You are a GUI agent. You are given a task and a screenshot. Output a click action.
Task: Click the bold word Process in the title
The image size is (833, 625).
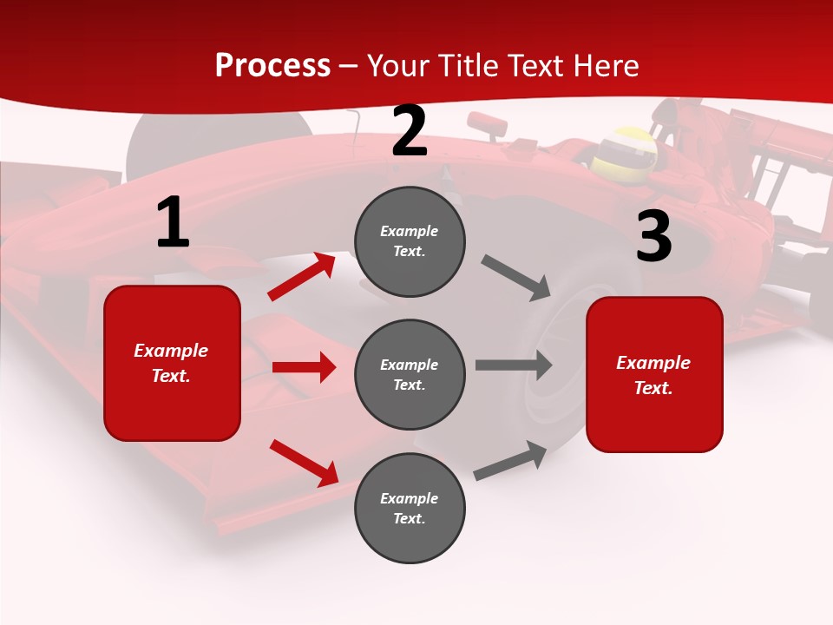point(272,66)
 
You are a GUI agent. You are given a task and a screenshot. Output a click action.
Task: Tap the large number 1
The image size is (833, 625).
point(173,223)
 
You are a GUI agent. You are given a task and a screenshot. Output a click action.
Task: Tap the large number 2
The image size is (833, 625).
point(410,132)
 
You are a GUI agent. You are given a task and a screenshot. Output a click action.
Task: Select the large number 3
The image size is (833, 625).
point(653,237)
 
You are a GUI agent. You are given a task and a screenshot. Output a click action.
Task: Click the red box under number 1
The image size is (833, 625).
point(172,363)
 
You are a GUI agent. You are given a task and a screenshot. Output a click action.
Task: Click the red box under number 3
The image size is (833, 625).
point(654,374)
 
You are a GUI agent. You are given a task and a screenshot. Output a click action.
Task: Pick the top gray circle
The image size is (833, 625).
point(410,241)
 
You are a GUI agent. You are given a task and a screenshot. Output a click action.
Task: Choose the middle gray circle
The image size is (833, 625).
point(410,374)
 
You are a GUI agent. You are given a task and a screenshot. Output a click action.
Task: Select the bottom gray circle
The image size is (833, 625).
point(410,508)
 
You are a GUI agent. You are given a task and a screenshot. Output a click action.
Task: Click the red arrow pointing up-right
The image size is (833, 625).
point(302,276)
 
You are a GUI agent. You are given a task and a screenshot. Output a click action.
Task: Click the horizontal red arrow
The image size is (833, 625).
point(304,367)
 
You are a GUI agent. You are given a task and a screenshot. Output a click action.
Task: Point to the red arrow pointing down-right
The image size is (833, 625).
point(305,463)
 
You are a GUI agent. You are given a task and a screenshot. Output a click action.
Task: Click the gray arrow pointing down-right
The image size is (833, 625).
point(516,278)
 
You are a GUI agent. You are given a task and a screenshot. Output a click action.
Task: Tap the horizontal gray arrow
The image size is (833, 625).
point(514,365)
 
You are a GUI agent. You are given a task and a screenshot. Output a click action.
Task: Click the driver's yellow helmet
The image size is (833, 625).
point(624,150)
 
